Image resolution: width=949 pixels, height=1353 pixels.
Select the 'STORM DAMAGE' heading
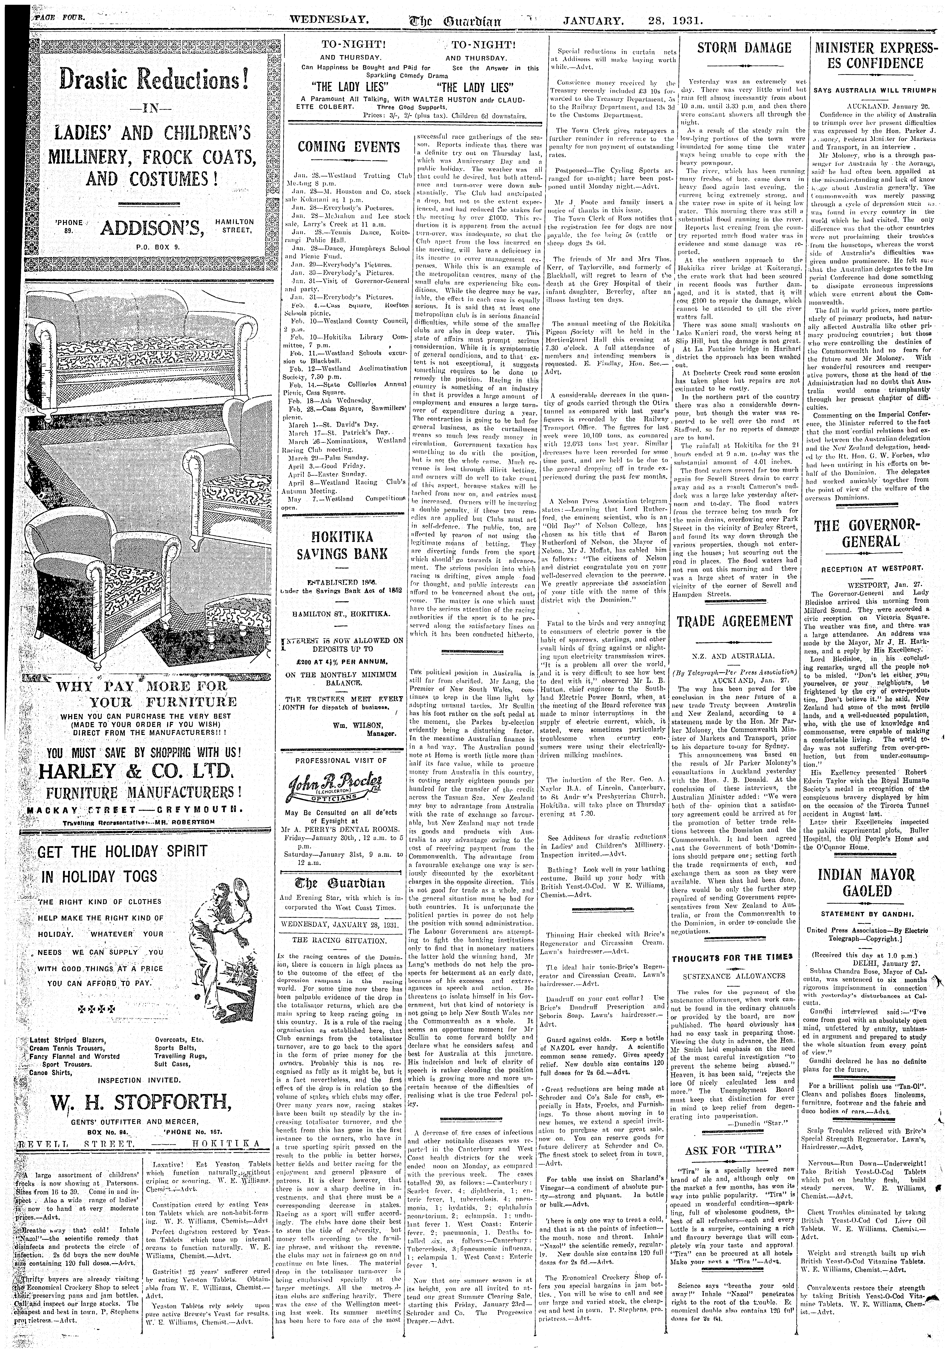(x=744, y=48)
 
